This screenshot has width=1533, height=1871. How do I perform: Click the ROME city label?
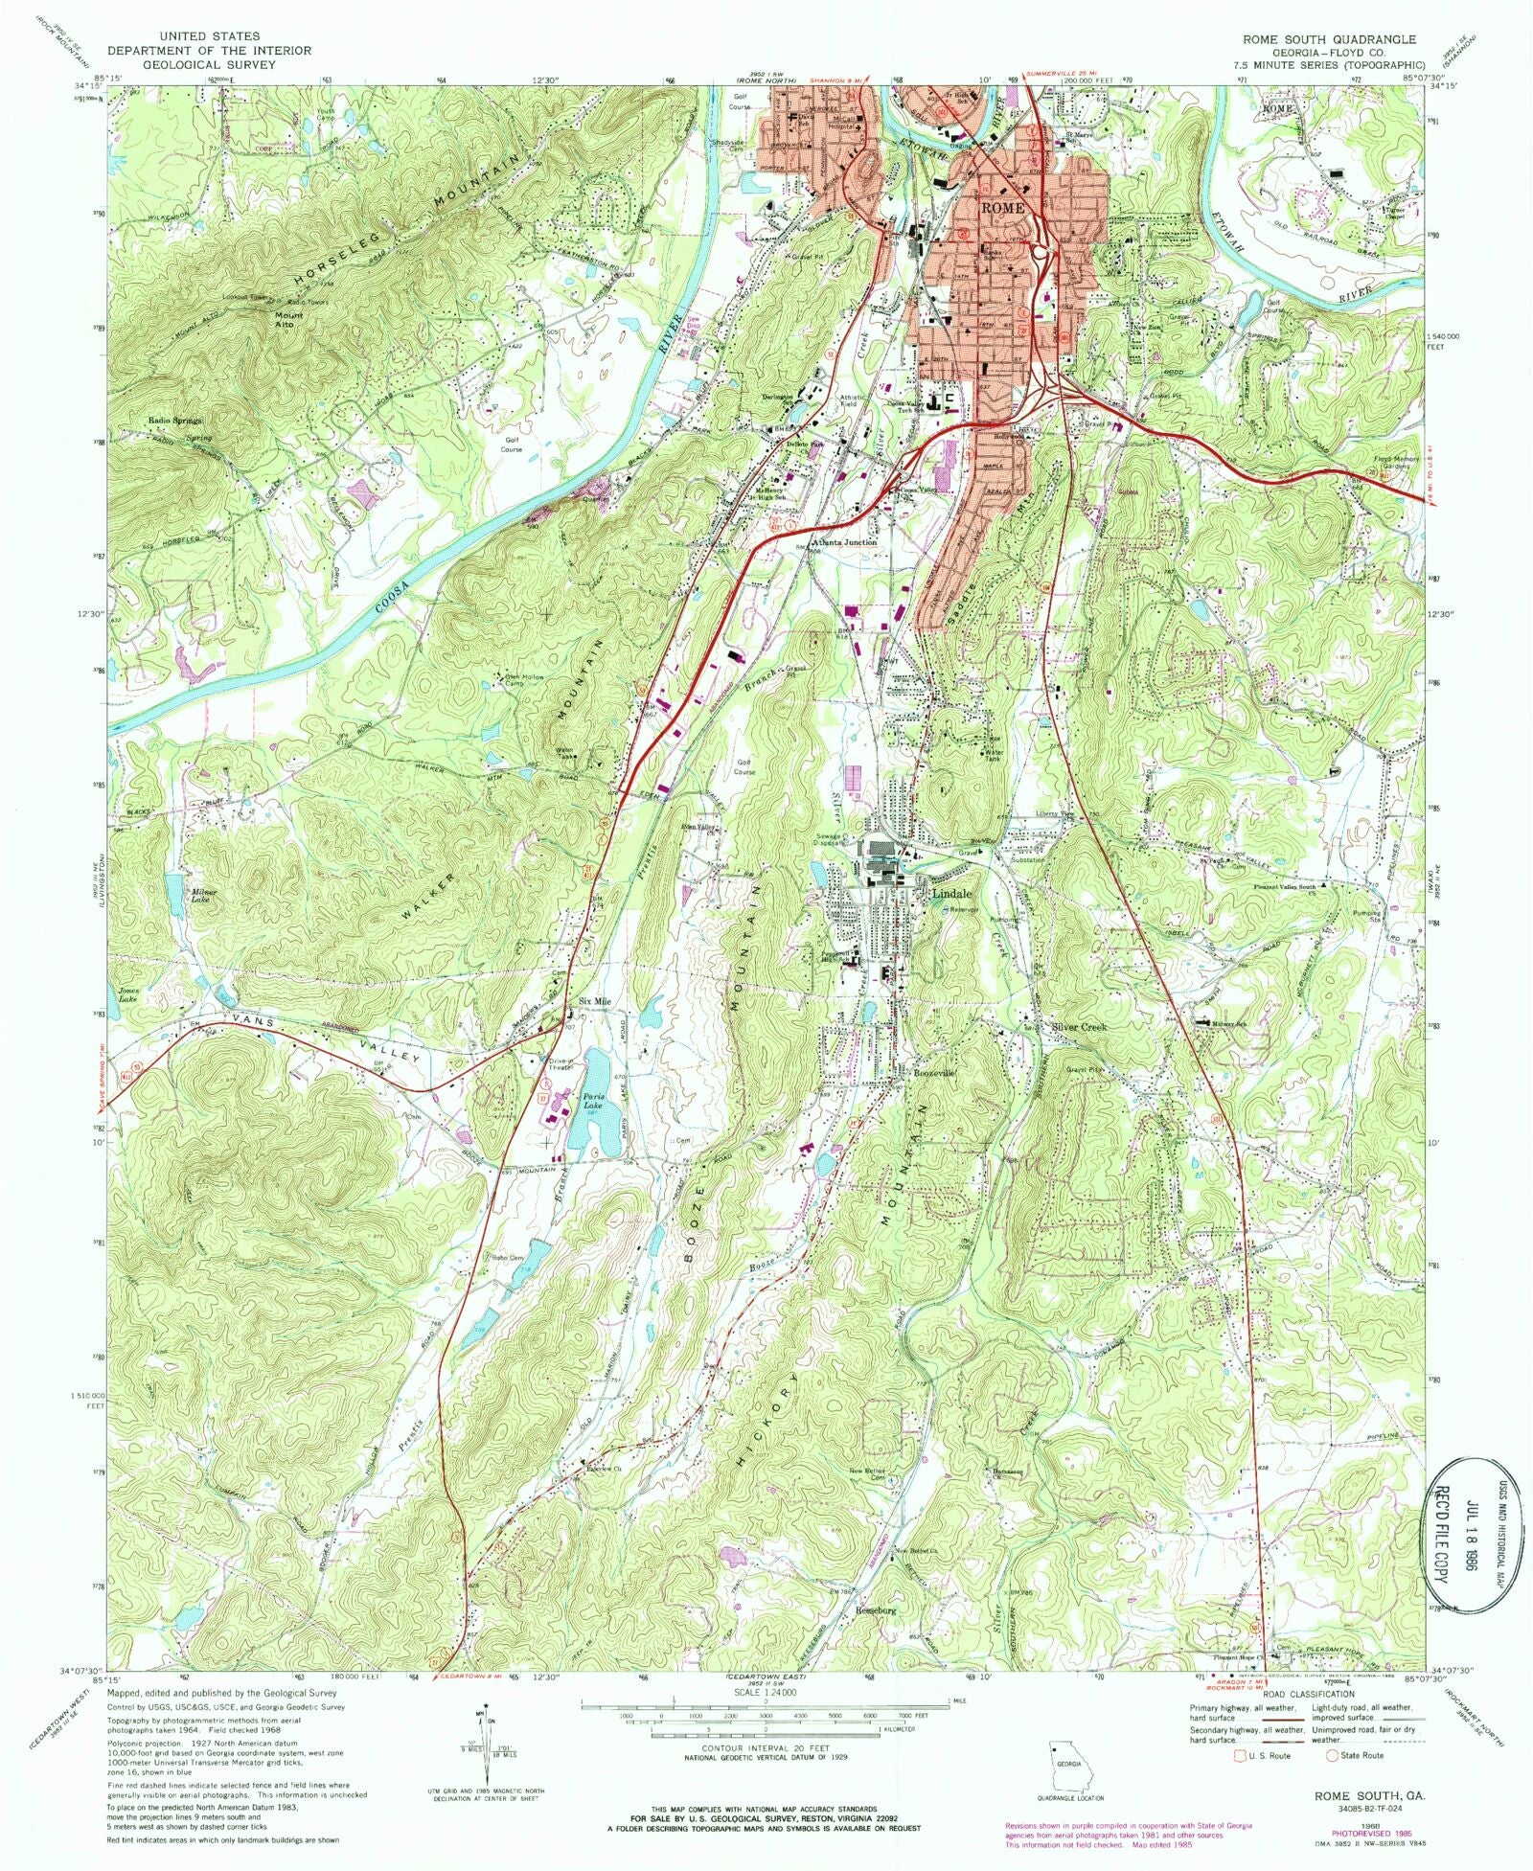[1002, 208]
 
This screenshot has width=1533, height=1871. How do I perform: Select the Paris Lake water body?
[595, 1102]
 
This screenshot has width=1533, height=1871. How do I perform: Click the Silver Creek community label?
[1079, 1026]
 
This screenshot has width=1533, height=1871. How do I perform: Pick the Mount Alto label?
[288, 319]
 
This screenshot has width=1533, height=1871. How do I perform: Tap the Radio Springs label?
[175, 421]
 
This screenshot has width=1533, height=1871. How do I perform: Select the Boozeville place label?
[930, 1074]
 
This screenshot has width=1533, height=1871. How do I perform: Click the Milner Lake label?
[204, 896]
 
